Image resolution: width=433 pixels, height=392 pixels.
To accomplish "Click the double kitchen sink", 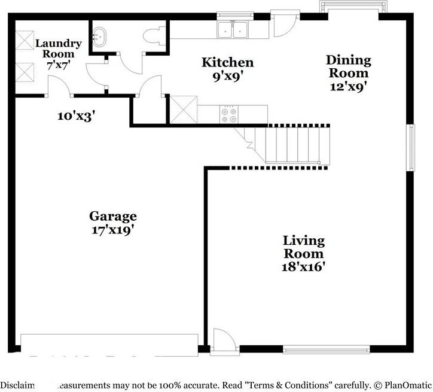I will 233,29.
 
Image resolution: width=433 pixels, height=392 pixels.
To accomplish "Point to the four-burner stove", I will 228,114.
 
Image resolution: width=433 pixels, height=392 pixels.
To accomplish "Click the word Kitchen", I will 227,62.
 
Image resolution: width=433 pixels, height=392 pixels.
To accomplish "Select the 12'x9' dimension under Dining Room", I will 348,86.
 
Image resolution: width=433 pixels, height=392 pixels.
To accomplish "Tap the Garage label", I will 113,216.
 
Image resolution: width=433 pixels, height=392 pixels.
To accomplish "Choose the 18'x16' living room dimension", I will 304,266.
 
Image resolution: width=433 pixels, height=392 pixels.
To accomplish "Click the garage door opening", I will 109,343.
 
